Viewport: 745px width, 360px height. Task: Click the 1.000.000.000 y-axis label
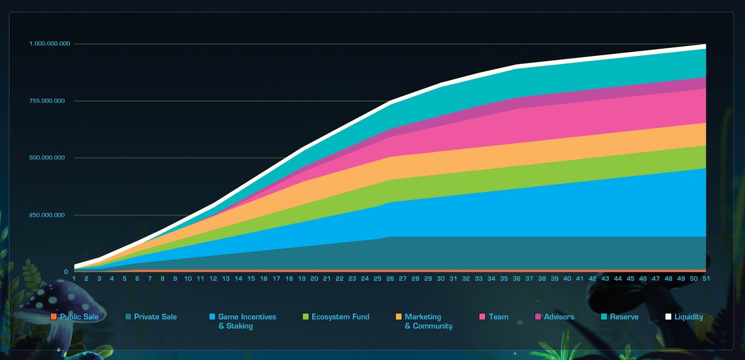pyautogui.click(x=49, y=43)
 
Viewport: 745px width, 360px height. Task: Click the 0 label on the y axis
pyautogui.click(x=66, y=272)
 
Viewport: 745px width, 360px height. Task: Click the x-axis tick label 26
pyautogui.click(x=390, y=279)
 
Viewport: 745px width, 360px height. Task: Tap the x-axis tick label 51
pyautogui.click(x=706, y=279)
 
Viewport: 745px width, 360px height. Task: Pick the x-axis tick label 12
pyautogui.click(x=213, y=279)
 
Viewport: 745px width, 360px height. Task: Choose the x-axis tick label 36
pyautogui.click(x=517, y=279)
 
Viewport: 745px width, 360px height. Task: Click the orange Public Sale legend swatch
pyautogui.click(x=54, y=317)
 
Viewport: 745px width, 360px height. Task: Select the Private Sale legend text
pyautogui.click(x=155, y=317)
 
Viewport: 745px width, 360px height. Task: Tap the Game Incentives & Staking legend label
pyautogui.click(x=247, y=321)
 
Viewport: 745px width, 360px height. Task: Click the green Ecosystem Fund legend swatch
pyautogui.click(x=305, y=317)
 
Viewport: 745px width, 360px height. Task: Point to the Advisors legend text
pyautogui.click(x=559, y=317)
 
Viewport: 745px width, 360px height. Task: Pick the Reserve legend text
pyautogui.click(x=624, y=317)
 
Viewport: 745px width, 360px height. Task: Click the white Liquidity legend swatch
pyautogui.click(x=668, y=317)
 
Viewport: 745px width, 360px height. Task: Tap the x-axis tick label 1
pyautogui.click(x=74, y=279)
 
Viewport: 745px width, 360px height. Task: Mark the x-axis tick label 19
pyautogui.click(x=301, y=279)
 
